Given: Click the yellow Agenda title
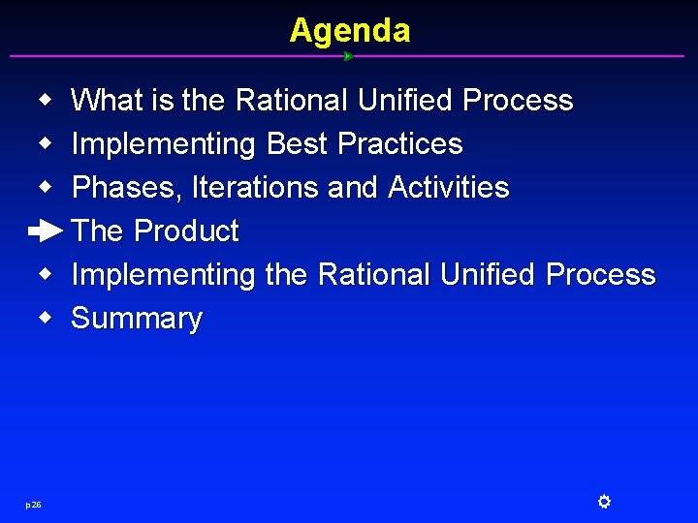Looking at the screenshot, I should [x=349, y=30].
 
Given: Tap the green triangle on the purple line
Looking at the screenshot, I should [x=348, y=56].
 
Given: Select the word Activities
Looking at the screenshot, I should [x=448, y=187].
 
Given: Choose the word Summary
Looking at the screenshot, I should [x=137, y=319].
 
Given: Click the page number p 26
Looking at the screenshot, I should [x=33, y=504].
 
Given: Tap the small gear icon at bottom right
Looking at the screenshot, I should [x=603, y=502].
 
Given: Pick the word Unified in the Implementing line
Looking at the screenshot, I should [x=489, y=274].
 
